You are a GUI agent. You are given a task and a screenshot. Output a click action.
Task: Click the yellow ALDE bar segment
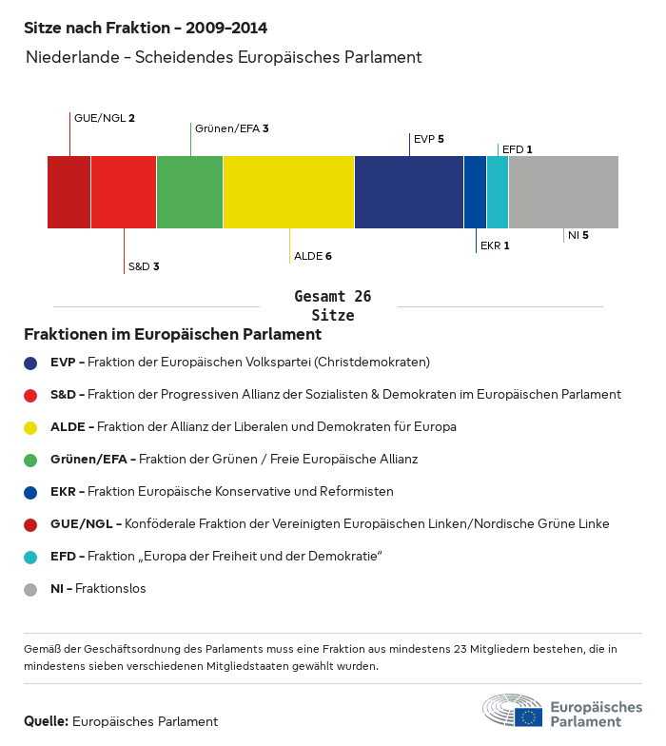click(x=288, y=192)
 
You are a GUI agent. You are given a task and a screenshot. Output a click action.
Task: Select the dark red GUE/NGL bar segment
click(x=69, y=192)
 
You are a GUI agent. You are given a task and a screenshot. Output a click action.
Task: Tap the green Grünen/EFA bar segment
click(x=189, y=192)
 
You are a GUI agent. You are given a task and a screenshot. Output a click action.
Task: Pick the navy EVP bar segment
click(x=408, y=192)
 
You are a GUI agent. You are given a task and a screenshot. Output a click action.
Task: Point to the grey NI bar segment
click(x=563, y=192)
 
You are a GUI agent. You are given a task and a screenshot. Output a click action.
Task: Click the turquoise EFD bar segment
click(x=498, y=192)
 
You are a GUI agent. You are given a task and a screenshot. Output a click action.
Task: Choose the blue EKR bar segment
click(x=475, y=192)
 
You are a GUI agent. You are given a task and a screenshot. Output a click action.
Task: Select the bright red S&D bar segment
click(x=124, y=192)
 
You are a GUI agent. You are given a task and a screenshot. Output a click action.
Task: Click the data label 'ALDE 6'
click(x=313, y=256)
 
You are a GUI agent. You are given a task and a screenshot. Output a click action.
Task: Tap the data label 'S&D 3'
click(x=144, y=266)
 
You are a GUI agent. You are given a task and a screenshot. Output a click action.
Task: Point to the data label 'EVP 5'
click(x=429, y=139)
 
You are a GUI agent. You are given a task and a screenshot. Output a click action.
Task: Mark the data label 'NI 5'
click(x=578, y=234)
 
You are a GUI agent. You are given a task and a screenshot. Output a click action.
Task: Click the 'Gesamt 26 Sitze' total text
click(x=332, y=305)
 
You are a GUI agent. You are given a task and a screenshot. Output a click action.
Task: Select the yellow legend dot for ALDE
click(x=30, y=427)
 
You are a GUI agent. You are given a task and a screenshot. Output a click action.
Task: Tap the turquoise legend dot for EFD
click(x=30, y=557)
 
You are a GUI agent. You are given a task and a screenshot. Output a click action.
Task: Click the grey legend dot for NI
click(x=30, y=589)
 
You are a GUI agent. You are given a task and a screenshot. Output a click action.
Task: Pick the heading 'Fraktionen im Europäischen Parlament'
click(x=172, y=334)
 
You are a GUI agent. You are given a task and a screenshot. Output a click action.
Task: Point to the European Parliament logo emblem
click(x=511, y=711)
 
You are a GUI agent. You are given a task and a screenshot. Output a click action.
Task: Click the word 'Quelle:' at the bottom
click(x=46, y=721)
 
